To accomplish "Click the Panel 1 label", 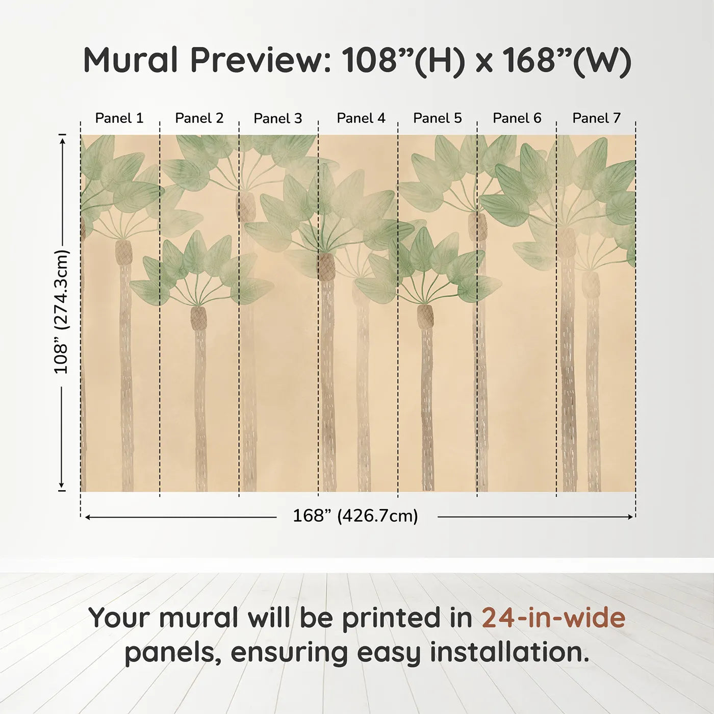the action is tap(119, 118).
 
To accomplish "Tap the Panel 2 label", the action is tap(199, 118).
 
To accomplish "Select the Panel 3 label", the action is tap(278, 118).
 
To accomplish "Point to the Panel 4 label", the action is tap(361, 118).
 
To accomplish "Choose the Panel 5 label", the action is tap(438, 118).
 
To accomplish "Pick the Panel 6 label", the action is tap(517, 118).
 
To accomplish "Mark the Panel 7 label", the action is tap(596, 118).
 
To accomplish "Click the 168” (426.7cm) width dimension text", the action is tap(355, 516).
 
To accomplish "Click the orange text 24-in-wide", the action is tap(553, 618).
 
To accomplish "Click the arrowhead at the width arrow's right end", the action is tap(630, 517).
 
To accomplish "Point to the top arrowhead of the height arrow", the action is tap(63, 142).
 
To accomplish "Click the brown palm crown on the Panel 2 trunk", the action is tap(198, 318).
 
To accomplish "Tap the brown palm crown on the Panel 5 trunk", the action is tap(425, 316).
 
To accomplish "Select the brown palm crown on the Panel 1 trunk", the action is tap(123, 252).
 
